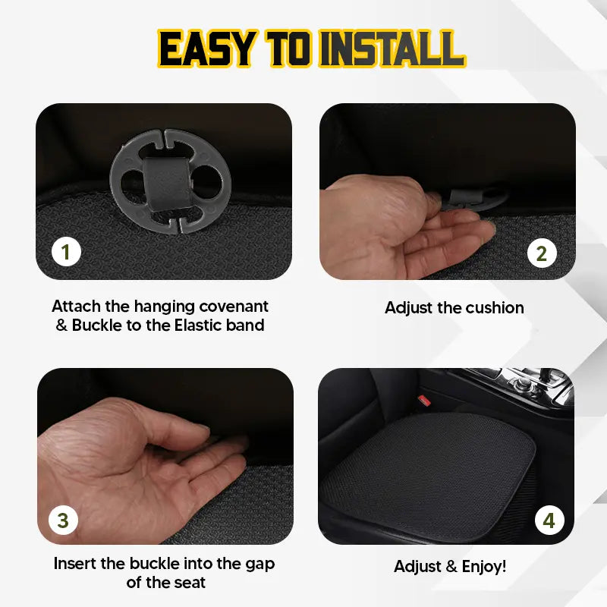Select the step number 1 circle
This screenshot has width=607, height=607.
[x=66, y=251]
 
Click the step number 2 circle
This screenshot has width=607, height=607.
[x=541, y=253]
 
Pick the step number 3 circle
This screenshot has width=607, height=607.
[x=63, y=520]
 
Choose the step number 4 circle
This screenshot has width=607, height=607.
[x=549, y=521]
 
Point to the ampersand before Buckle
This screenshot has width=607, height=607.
[x=61, y=326]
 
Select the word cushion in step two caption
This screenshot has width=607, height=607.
[x=495, y=307]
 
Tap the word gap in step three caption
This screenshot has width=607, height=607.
[x=256, y=564]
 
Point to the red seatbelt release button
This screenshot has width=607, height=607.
[x=424, y=400]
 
